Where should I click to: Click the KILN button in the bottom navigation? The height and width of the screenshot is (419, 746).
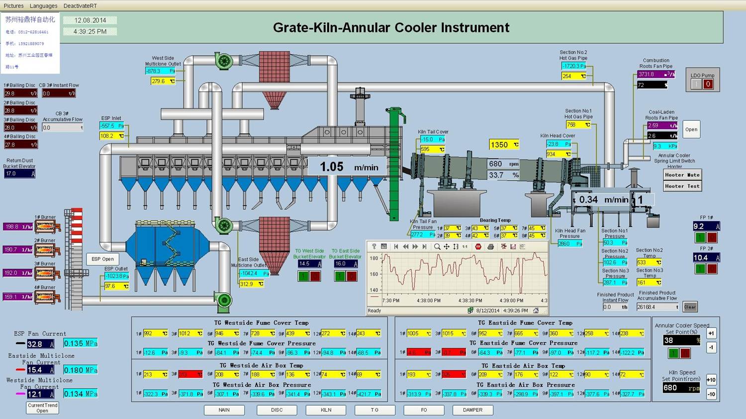(x=326, y=410)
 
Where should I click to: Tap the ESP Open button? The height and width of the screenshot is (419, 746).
(x=102, y=259)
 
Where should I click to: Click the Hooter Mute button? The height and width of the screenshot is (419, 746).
(x=683, y=175)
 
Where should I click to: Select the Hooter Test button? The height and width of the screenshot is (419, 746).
(x=683, y=186)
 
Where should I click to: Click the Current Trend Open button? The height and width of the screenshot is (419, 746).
(x=42, y=408)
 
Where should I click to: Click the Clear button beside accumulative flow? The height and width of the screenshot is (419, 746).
(x=690, y=307)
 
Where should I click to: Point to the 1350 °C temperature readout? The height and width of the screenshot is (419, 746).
(x=504, y=145)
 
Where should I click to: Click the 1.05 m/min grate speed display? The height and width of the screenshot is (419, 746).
(x=349, y=167)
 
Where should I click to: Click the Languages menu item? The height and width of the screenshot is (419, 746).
(x=43, y=5)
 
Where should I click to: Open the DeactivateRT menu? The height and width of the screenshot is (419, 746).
(x=80, y=5)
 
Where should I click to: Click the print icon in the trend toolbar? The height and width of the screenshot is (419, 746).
(x=491, y=247)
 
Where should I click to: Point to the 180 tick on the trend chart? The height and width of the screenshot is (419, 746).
(x=374, y=258)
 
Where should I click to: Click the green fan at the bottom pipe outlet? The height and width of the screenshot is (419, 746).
(x=224, y=300)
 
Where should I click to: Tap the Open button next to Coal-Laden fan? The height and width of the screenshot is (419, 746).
(x=691, y=130)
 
